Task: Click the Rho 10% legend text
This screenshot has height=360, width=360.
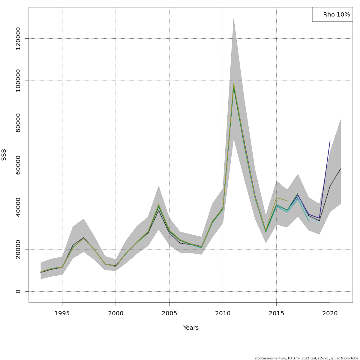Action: pyautogui.click(x=336, y=15)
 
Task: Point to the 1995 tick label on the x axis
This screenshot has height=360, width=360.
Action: pyautogui.click(x=62, y=313)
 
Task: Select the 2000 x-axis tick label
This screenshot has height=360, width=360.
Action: pyautogui.click(x=116, y=313)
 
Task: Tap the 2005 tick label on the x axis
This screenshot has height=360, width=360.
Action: pyautogui.click(x=169, y=313)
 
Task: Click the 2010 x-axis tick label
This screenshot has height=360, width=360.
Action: pyautogui.click(x=223, y=313)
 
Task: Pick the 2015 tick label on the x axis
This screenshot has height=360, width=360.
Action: pyautogui.click(x=276, y=313)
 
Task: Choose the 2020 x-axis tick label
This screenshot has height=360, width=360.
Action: pyautogui.click(x=330, y=313)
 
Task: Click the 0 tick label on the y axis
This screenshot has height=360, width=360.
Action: pyautogui.click(x=18, y=291)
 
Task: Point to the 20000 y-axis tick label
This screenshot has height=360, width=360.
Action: pyautogui.click(x=18, y=249)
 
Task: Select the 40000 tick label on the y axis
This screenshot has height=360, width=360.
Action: pyautogui.click(x=18, y=207)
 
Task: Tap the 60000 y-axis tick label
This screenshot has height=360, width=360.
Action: pyautogui.click(x=18, y=165)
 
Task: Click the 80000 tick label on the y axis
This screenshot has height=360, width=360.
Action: pyautogui.click(x=18, y=123)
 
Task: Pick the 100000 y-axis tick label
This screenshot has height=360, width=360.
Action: pyautogui.click(x=18, y=81)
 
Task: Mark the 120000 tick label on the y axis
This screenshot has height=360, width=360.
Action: pyautogui.click(x=18, y=38)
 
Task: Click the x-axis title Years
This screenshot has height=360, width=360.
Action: pyautogui.click(x=191, y=328)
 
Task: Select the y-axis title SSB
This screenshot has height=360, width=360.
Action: pyautogui.click(x=4, y=155)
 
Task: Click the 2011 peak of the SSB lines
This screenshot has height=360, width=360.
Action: pyautogui.click(x=234, y=84)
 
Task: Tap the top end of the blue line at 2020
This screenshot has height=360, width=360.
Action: pyautogui.click(x=330, y=140)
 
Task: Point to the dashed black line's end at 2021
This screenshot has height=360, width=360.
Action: pyautogui.click(x=340, y=169)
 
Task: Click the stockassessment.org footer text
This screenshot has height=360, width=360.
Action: pyautogui.click(x=306, y=358)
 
